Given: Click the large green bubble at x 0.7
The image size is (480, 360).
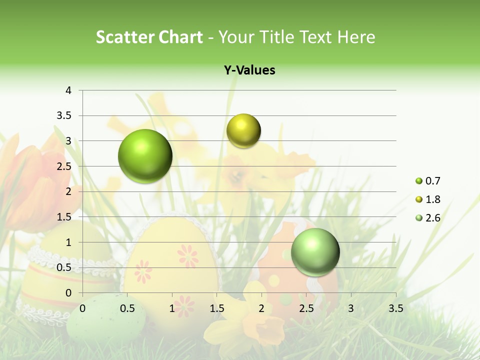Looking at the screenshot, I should (x=145, y=156).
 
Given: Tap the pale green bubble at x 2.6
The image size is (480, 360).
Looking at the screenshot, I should (x=315, y=252).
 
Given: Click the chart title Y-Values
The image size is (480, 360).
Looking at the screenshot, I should (x=249, y=70).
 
